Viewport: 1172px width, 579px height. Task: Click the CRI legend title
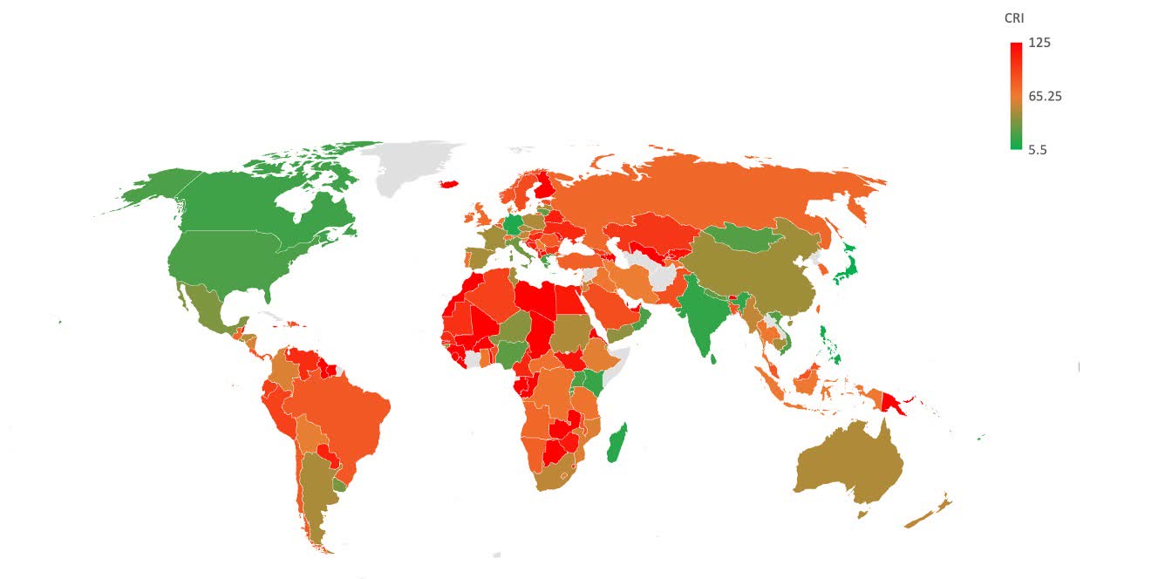pyautogui.click(x=1014, y=17)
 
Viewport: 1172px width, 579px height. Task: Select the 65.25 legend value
pyautogui.click(x=1045, y=96)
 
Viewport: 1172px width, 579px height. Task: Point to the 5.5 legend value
pyautogui.click(x=1037, y=149)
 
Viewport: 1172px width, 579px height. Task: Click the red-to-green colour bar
pyautogui.click(x=1016, y=96)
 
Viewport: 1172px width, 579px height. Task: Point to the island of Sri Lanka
pyautogui.click(x=713, y=358)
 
